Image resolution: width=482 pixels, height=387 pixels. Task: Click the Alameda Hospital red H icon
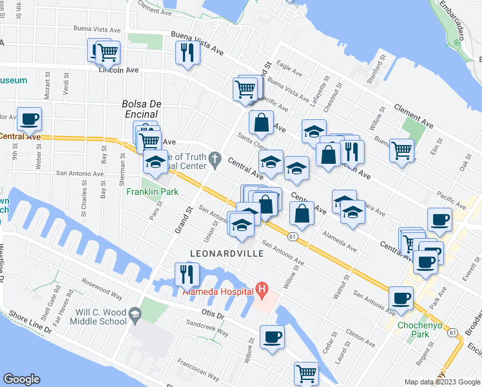point(263,290)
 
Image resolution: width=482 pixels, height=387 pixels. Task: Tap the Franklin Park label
point(151,192)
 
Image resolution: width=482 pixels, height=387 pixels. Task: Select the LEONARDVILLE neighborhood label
point(227,253)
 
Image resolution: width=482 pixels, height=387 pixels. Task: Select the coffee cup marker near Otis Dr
point(272,337)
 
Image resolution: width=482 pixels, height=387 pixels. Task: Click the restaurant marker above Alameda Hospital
point(188,273)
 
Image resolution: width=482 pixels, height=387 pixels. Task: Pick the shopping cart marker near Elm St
point(402,151)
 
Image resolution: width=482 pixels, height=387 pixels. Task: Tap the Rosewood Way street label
point(102,289)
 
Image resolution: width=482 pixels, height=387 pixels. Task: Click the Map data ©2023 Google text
point(441,382)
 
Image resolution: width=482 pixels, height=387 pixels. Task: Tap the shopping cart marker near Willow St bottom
point(306,373)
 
